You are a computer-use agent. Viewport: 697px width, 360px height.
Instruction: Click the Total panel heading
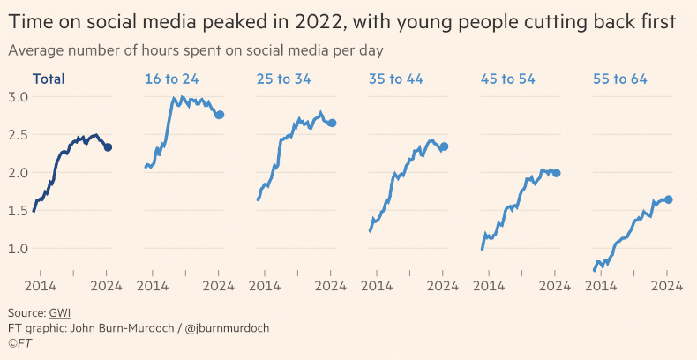pyautogui.click(x=49, y=79)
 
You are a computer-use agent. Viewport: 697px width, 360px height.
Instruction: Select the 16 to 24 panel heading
pyautogui.click(x=171, y=79)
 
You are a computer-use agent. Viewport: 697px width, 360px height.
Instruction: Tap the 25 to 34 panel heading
pyautogui.click(x=283, y=79)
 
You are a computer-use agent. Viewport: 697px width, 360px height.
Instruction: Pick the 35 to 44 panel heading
pyautogui.click(x=395, y=79)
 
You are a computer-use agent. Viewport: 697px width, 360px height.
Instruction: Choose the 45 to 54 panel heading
pyautogui.click(x=508, y=79)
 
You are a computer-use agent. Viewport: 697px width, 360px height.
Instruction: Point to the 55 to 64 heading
pyautogui.click(x=620, y=79)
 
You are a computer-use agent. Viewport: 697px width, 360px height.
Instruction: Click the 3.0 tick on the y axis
pyautogui.click(x=19, y=96)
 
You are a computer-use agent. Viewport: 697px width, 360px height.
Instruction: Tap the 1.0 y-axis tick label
pyautogui.click(x=19, y=248)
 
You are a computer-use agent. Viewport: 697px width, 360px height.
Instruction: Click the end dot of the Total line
pyautogui.click(x=108, y=147)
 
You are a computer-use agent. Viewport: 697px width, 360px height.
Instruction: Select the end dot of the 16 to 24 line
pyautogui.click(x=220, y=115)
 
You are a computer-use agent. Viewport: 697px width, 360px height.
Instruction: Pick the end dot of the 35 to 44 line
pyautogui.click(x=444, y=146)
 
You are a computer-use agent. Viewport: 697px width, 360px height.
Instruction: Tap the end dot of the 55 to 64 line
pyautogui.click(x=668, y=199)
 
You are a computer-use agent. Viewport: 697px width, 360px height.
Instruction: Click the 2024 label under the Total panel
pyautogui.click(x=106, y=285)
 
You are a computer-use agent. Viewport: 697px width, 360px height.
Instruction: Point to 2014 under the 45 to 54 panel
pyautogui.click(x=490, y=285)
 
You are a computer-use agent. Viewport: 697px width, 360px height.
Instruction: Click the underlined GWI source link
pyautogui.click(x=60, y=313)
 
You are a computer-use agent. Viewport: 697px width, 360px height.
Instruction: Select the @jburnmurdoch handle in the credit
pyautogui.click(x=229, y=327)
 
